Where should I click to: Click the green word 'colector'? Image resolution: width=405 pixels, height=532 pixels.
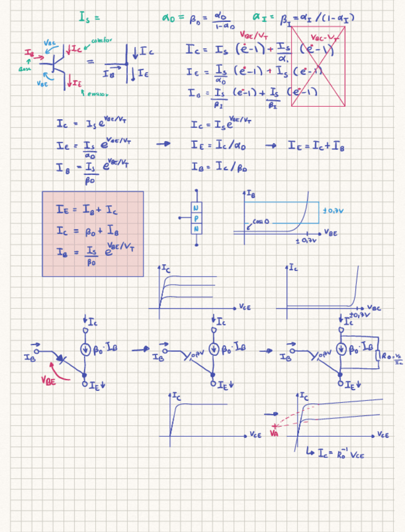point(102,40)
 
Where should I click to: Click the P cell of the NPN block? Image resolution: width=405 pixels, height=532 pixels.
point(197,218)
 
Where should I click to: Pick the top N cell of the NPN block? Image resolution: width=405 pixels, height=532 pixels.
point(197,207)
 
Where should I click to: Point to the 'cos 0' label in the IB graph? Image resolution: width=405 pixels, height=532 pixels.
point(258,222)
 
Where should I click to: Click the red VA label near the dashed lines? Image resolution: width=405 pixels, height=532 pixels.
point(273,433)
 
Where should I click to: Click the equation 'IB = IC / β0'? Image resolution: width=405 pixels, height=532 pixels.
point(216,167)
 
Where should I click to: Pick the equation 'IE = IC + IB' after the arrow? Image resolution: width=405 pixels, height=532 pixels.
point(315,146)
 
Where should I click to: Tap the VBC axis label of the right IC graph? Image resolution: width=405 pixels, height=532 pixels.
point(374,309)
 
